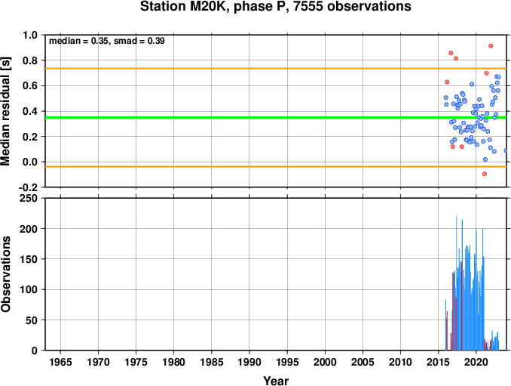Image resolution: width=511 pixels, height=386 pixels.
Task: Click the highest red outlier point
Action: coord(491,46)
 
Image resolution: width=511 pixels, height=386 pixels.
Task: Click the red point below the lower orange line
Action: coord(485,174)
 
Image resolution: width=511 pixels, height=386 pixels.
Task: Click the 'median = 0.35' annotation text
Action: coord(78,41)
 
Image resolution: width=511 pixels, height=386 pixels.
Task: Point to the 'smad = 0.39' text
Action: coord(139,41)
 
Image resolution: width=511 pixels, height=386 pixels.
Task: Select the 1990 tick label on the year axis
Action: coord(249,362)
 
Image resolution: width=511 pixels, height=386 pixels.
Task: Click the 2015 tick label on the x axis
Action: coord(439,362)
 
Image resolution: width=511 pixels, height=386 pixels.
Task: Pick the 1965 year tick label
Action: coord(60,362)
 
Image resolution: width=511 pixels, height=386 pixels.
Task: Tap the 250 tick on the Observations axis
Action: coord(29,198)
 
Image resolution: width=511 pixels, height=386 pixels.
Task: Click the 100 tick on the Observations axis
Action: coord(29,289)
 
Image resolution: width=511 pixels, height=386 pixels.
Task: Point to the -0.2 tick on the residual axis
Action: coord(28,188)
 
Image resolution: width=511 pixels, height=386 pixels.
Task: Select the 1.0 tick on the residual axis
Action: coord(30,35)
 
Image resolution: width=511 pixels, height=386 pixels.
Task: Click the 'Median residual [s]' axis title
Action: coord(6,111)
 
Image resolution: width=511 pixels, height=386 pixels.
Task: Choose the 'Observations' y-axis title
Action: coord(6,274)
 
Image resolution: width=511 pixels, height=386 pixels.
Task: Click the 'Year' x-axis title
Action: coord(276,381)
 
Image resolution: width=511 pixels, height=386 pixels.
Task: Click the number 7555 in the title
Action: coord(308,6)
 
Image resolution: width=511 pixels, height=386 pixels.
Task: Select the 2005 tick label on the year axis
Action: coord(363,362)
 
